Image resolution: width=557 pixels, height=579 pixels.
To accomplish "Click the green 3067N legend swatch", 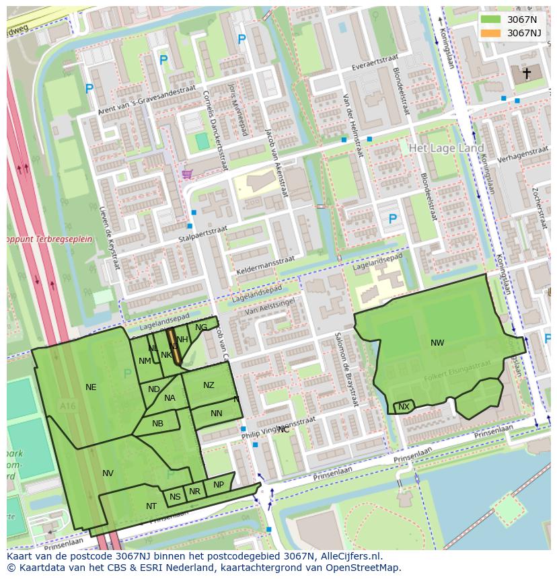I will [490, 19].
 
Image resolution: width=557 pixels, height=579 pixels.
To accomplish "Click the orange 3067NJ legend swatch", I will [490, 33].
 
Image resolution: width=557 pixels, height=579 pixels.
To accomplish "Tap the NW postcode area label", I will [437, 343].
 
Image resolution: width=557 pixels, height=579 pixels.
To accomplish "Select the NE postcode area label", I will [91, 387].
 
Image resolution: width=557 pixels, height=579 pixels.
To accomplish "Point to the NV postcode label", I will [108, 473].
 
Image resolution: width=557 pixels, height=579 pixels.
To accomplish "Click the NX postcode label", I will [404, 407].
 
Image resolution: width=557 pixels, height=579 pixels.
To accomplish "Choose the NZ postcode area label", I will [209, 385].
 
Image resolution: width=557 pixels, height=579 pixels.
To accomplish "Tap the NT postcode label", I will [151, 506].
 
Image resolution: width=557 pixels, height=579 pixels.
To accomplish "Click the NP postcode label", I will [218, 485].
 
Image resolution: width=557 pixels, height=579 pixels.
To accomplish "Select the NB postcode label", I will [157, 424].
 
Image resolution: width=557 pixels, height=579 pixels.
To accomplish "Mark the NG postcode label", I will [201, 327].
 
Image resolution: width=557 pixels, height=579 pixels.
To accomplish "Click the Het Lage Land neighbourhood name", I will [446, 148].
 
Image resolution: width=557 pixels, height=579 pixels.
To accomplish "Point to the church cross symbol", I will [527, 73].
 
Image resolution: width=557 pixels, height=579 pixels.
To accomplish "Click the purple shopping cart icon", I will [187, 174].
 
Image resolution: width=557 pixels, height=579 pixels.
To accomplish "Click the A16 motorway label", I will [67, 406].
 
